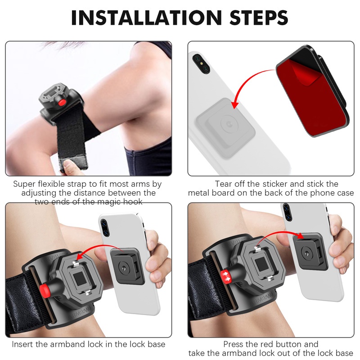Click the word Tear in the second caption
tap(224, 184)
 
